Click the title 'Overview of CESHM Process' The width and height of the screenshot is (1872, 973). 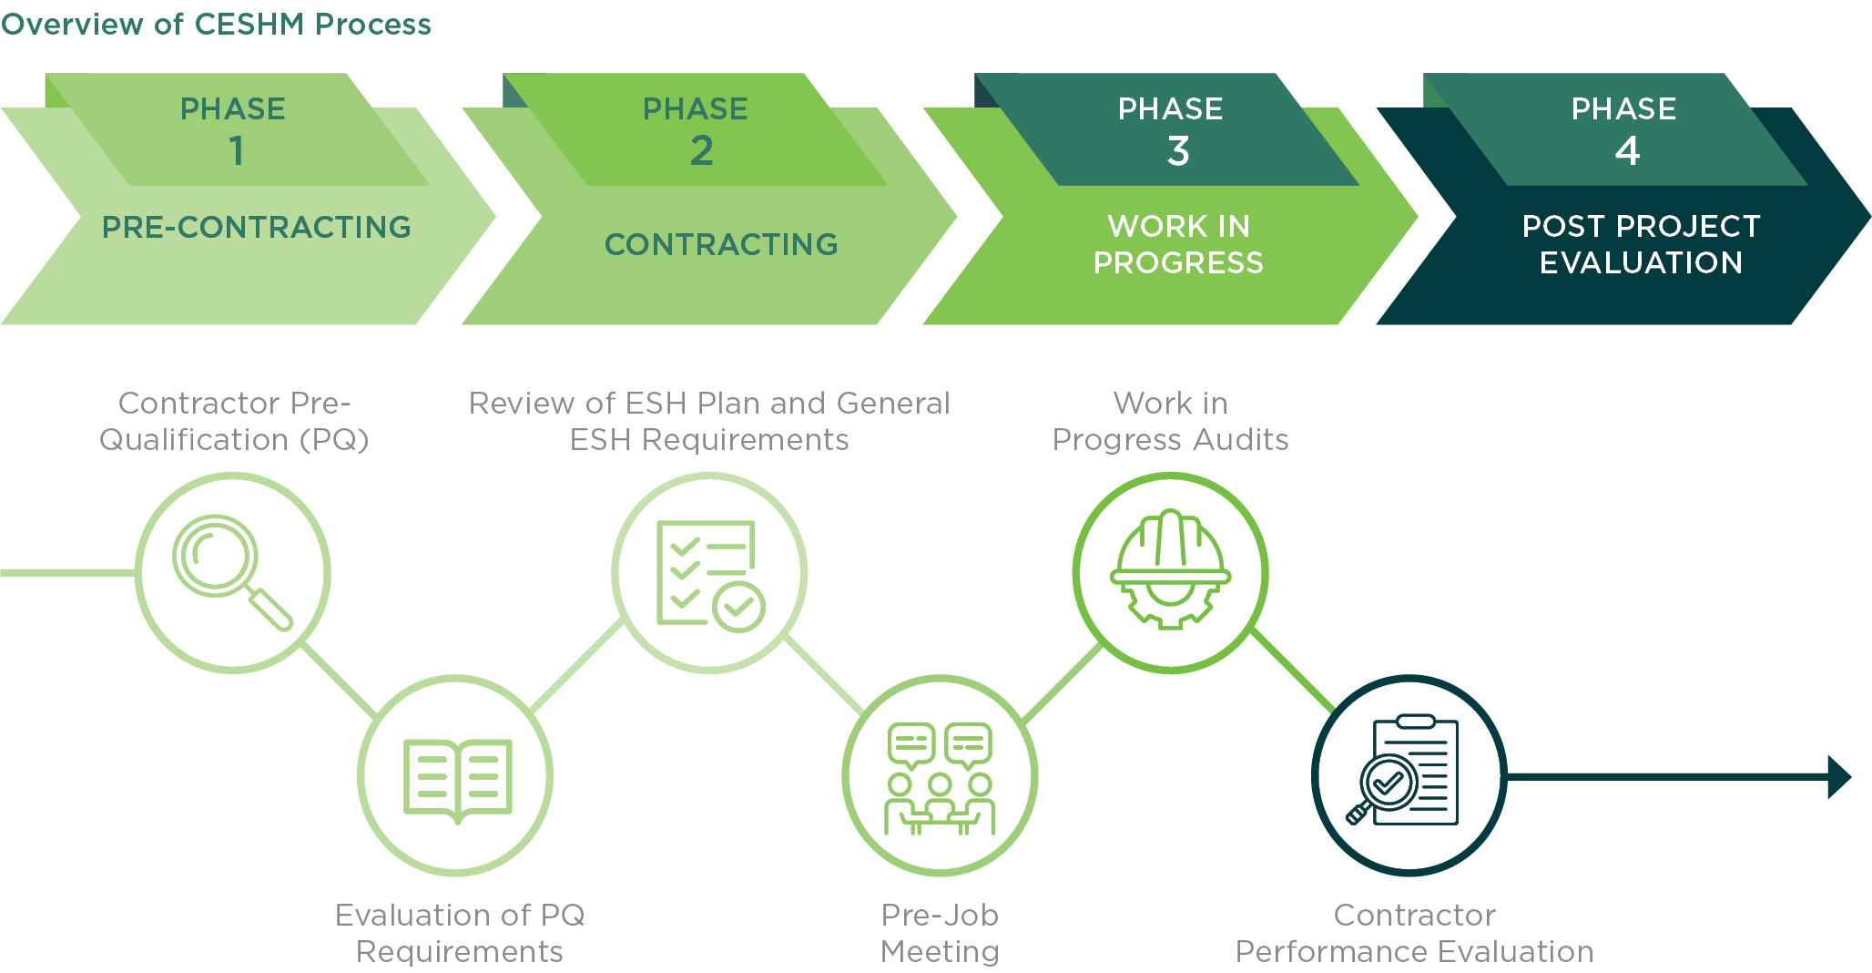point(216,25)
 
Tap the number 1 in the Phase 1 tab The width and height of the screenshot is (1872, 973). point(237,151)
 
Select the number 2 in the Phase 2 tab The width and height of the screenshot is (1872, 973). point(701,151)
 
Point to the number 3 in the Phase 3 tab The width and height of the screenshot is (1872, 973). point(1178,151)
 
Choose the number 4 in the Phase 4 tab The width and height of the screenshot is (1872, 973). point(1628,151)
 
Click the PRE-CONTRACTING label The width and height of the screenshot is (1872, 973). point(257,227)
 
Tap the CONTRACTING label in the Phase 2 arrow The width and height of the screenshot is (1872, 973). point(721,244)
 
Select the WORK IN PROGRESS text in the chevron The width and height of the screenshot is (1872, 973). point(1178,244)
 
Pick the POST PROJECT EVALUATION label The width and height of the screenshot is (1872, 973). point(1641,244)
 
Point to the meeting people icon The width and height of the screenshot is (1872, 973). point(940,779)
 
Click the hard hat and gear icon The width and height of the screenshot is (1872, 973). point(1171,569)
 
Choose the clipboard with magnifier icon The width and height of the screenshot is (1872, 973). point(1403,771)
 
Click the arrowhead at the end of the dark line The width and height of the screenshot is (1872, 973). point(1839,777)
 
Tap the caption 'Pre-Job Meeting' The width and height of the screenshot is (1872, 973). point(940,933)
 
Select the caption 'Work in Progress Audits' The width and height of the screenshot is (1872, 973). point(1170,421)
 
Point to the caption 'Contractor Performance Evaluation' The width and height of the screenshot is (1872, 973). point(1414,933)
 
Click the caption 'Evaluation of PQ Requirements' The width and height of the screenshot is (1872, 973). point(460,933)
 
